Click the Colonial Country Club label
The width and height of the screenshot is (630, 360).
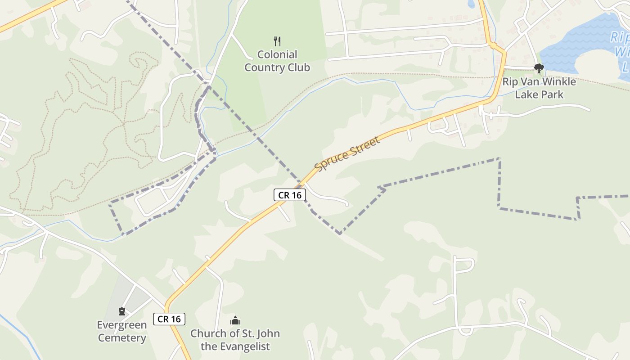coord(277,61)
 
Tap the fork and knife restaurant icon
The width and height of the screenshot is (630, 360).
coord(277,41)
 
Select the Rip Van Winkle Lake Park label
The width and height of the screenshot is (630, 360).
coord(539,88)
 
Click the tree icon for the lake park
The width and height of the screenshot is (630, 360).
coord(539,68)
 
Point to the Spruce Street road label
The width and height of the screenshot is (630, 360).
coord(347,153)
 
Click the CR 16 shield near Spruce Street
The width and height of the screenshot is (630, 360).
coord(290,195)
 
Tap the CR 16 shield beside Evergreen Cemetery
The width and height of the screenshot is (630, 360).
coord(169,319)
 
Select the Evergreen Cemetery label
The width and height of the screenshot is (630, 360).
coord(122,331)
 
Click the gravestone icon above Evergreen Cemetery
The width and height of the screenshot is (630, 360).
coord(121,311)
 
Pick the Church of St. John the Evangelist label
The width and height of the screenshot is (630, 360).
coord(235,340)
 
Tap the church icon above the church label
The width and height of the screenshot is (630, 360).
coord(235,320)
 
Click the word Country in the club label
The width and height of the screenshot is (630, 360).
coord(263,68)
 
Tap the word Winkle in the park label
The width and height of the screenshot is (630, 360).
coord(558,82)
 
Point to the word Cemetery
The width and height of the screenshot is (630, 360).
coord(122,338)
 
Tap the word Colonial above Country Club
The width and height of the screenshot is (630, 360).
coord(277,55)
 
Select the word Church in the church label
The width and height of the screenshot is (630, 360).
coord(206,333)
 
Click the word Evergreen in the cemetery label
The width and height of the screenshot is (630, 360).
coord(122,325)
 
